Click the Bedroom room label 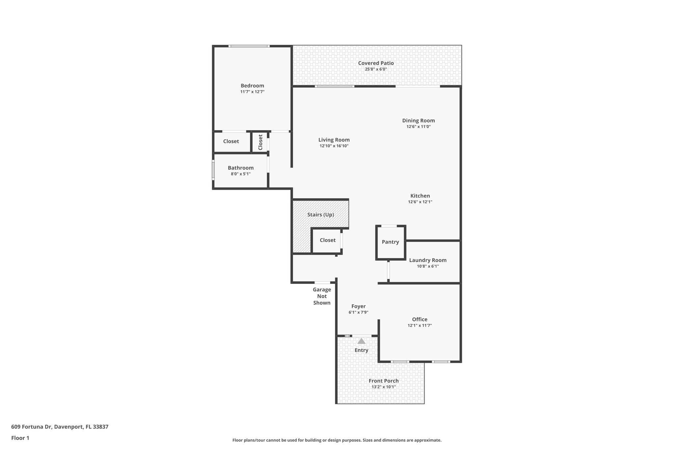tap(252, 86)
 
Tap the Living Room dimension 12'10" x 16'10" tap(334, 146)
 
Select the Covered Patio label tap(376, 63)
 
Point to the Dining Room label tap(418, 121)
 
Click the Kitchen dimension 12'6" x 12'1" tap(420, 202)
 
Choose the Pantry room tap(390, 242)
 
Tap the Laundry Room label tap(428, 260)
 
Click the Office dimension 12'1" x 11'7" tap(420, 326)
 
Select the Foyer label tap(358, 306)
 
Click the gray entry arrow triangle tap(361, 341)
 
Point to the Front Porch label tap(383, 381)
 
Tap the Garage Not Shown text tap(322, 296)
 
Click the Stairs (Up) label tap(321, 215)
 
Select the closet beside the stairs tap(327, 240)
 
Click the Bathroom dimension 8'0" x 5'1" tap(241, 174)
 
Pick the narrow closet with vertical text tap(260, 142)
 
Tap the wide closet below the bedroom tap(231, 141)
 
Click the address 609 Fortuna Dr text tap(60, 427)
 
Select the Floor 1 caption tap(20, 438)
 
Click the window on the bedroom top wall tap(249, 46)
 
